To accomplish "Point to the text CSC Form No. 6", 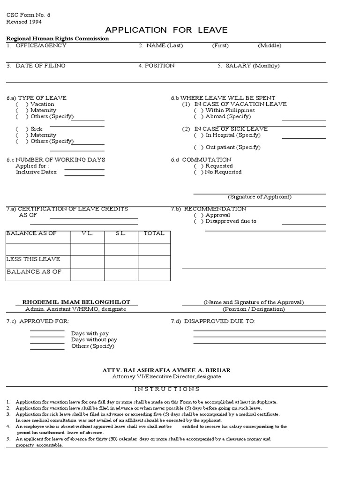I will pos(28,15).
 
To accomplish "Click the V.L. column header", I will pos(87,233).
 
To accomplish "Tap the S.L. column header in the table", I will pos(121,233).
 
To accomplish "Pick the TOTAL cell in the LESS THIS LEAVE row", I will pos(154,262).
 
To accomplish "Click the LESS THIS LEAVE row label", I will pos(33,259).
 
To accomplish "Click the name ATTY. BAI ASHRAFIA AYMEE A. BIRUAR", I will pos(166,370).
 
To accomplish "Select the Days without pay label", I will pos(94,339).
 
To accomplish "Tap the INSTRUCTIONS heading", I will pos(167,389).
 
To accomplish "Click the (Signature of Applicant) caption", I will pos(259,197).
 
